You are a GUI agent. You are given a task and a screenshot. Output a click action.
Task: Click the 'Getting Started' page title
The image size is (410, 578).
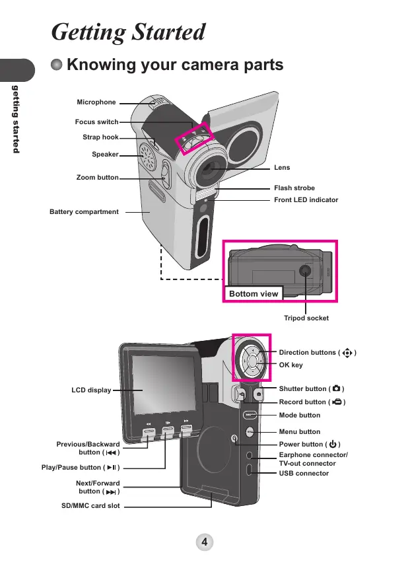129,32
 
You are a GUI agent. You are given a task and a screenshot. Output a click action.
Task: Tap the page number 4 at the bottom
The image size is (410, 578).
205,542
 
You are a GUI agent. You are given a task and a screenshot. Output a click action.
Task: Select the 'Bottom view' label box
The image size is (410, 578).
254,293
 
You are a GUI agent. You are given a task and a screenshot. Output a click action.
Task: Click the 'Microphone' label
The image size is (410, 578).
96,102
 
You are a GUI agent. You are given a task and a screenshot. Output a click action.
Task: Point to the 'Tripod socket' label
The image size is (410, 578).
306,318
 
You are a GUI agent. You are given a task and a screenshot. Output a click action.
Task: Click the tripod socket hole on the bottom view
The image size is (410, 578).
305,270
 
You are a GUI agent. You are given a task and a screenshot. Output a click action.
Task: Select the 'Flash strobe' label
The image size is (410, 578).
294,188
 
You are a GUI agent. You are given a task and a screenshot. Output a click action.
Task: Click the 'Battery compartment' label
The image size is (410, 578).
85,212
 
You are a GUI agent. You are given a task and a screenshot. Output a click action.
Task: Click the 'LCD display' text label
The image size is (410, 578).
91,390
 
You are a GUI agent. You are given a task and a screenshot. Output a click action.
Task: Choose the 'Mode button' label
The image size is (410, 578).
300,415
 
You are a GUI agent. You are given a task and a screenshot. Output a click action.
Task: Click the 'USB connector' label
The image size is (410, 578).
304,474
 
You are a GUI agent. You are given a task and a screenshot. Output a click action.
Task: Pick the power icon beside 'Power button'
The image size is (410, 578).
333,444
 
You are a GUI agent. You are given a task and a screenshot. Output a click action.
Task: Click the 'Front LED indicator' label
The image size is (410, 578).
306,199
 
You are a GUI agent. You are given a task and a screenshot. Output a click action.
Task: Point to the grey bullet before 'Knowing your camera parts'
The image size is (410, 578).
58,65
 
